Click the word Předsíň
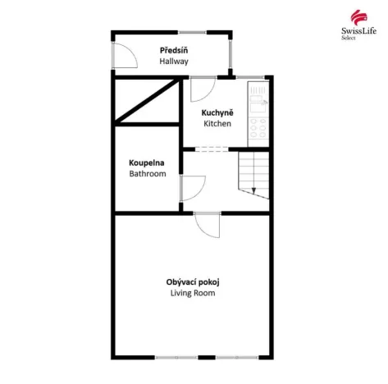174,50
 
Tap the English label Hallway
174,62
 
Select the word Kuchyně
217,112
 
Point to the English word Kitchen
217,124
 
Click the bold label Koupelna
148,162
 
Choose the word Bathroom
148,174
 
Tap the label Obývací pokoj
193,281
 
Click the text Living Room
193,293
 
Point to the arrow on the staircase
253,190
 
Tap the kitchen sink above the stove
258,99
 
